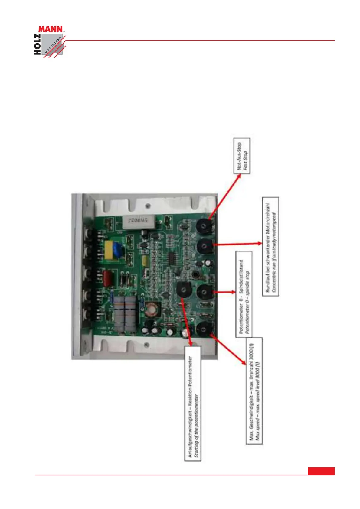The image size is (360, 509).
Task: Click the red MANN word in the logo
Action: (51, 29)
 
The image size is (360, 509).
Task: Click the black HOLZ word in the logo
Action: (38, 44)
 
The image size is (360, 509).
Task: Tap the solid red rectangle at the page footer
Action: (321, 471)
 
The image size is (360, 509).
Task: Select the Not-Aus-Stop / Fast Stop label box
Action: (242, 156)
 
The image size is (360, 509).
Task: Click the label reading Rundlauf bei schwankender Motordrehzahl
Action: (270, 246)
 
